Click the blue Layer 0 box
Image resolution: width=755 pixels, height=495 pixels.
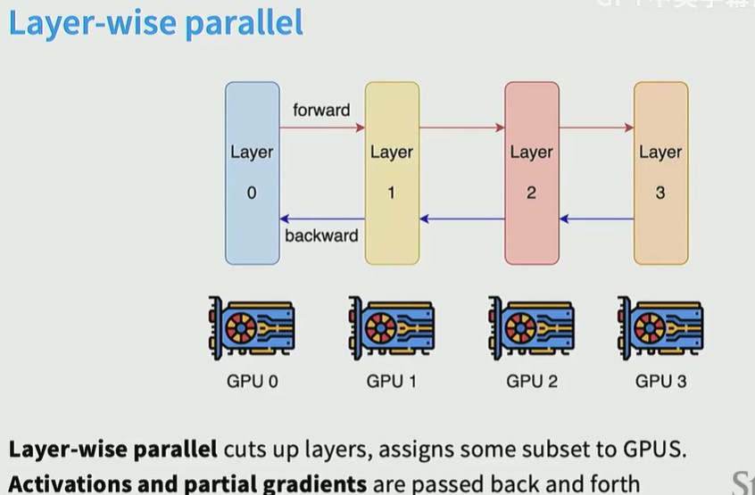click(x=252, y=173)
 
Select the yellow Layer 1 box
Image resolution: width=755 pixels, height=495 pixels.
click(x=392, y=173)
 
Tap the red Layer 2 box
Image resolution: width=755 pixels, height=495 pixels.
click(x=532, y=173)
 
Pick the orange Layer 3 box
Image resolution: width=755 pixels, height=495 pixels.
click(x=660, y=173)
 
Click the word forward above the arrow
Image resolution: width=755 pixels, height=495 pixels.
click(x=321, y=111)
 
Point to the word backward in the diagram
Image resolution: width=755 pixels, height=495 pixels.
click(x=321, y=236)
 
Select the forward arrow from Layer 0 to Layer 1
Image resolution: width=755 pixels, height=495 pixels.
click(x=322, y=128)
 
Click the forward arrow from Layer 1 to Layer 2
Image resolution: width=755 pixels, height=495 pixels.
click(x=462, y=128)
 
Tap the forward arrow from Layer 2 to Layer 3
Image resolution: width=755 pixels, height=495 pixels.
click(x=597, y=128)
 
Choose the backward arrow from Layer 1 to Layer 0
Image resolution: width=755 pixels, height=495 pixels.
click(x=322, y=219)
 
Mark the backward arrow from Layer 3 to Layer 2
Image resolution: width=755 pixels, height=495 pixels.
click(x=597, y=219)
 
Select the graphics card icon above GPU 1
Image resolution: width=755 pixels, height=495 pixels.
click(x=391, y=327)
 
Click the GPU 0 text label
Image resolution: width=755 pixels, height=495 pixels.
click(x=252, y=382)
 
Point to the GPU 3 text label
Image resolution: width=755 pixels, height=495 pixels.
click(x=661, y=382)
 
